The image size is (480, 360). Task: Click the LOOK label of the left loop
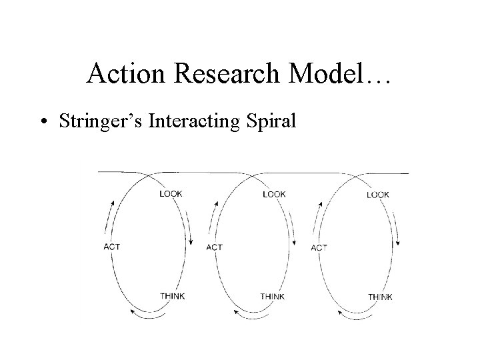171,194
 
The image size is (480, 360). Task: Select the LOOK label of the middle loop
274,194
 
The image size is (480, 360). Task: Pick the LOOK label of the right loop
378,195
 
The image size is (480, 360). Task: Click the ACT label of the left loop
112,247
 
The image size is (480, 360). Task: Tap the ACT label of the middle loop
215,247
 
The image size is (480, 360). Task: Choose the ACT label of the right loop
319,248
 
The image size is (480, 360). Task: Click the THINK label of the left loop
173,296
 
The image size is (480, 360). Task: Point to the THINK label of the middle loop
273,297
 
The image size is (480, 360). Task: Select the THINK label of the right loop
380,297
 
